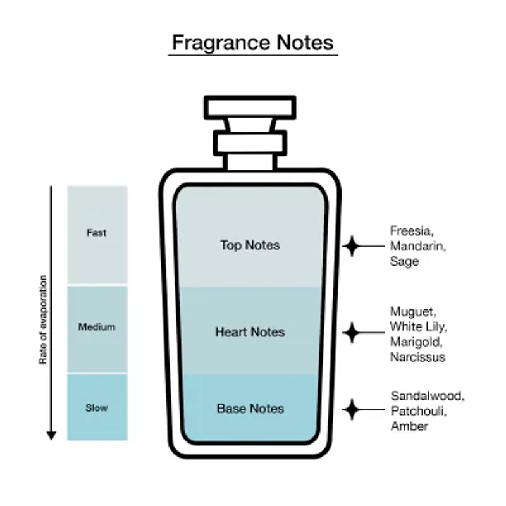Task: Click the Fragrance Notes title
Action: coord(252,42)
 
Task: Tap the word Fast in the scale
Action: coord(97,233)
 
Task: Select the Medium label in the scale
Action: coord(97,327)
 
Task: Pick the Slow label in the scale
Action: coord(97,408)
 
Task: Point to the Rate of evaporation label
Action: coord(43,319)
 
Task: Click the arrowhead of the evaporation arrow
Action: coord(51,435)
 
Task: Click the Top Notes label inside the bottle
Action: coord(250,245)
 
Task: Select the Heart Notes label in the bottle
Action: coord(250,332)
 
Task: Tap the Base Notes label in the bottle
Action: coord(250,409)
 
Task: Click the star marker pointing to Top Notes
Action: coord(352,246)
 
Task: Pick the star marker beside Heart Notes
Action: coord(352,333)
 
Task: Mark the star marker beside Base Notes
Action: coord(352,409)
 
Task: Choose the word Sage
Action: coord(404,261)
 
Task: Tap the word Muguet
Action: coord(413,312)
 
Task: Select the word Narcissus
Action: coord(417,357)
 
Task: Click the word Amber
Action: coord(409,426)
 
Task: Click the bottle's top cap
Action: coord(250,107)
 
